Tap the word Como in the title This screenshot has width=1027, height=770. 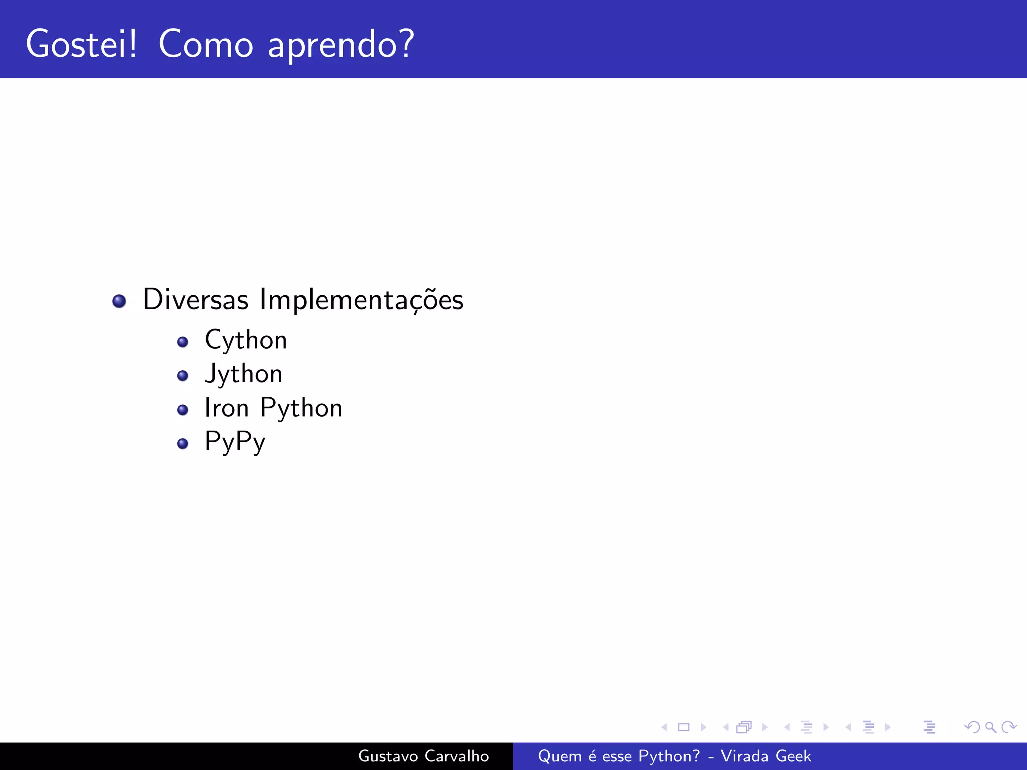206,44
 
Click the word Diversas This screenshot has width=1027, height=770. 196,300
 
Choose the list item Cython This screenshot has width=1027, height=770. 246,341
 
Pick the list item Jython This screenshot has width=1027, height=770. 244,374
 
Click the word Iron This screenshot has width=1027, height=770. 227,408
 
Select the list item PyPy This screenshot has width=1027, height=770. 235,442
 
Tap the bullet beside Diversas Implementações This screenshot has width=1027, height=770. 119,301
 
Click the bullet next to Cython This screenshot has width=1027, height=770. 183,342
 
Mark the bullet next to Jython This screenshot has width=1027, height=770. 183,376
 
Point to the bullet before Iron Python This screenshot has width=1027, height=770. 183,410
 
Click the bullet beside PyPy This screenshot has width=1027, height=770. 183,443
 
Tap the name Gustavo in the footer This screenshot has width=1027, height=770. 388,756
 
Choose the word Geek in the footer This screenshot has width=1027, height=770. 793,756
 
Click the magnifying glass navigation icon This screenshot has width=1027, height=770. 990,727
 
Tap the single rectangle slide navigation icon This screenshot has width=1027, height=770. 683,727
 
